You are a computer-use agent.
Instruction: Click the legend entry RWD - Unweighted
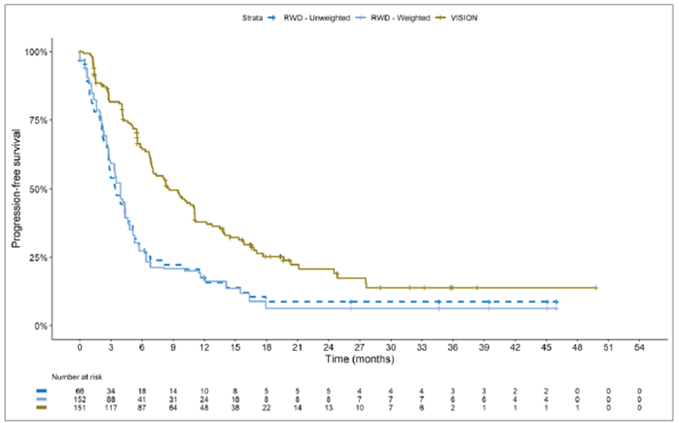pyautogui.click(x=316, y=18)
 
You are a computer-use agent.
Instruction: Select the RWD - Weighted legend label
pyautogui.click(x=400, y=18)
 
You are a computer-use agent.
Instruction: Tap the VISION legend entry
pyautogui.click(x=464, y=18)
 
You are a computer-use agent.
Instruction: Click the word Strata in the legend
pyautogui.click(x=252, y=18)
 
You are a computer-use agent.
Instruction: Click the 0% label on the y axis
pyautogui.click(x=41, y=326)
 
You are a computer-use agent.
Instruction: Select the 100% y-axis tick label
pyautogui.click(x=36, y=52)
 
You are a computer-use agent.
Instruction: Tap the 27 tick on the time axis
pyautogui.click(x=359, y=347)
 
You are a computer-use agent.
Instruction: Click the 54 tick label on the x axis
pyautogui.click(x=639, y=347)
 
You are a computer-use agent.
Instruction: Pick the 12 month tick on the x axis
pyautogui.click(x=204, y=347)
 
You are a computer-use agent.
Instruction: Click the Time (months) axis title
pyautogui.click(x=359, y=359)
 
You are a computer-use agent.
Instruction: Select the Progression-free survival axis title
pyautogui.click(x=16, y=188)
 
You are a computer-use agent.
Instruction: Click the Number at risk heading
pyautogui.click(x=77, y=377)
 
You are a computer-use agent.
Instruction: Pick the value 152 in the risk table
pyautogui.click(x=80, y=399)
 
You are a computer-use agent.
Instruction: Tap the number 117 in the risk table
pyautogui.click(x=111, y=407)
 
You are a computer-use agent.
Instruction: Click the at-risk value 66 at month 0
pyautogui.click(x=80, y=391)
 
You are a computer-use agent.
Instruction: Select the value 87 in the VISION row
pyautogui.click(x=142, y=407)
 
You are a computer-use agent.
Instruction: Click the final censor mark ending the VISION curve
pyautogui.click(x=596, y=288)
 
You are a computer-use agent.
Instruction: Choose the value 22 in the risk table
pyautogui.click(x=266, y=407)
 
